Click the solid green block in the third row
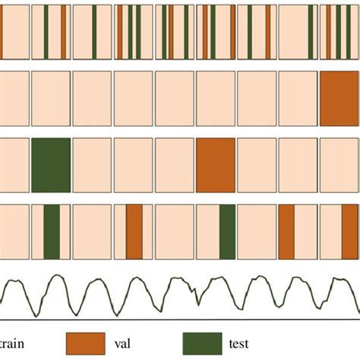(x=51, y=165)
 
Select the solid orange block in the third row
(x=216, y=165)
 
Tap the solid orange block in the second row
(x=339, y=99)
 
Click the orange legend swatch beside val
(x=86, y=343)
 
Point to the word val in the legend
(x=122, y=344)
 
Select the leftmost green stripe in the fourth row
(x=52, y=232)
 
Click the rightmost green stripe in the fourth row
(x=227, y=232)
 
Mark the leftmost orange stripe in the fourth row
(x=134, y=232)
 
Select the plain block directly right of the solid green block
(x=92, y=165)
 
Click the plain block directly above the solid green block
(x=51, y=99)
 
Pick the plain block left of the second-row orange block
(x=298, y=99)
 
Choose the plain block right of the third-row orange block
(x=257, y=165)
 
